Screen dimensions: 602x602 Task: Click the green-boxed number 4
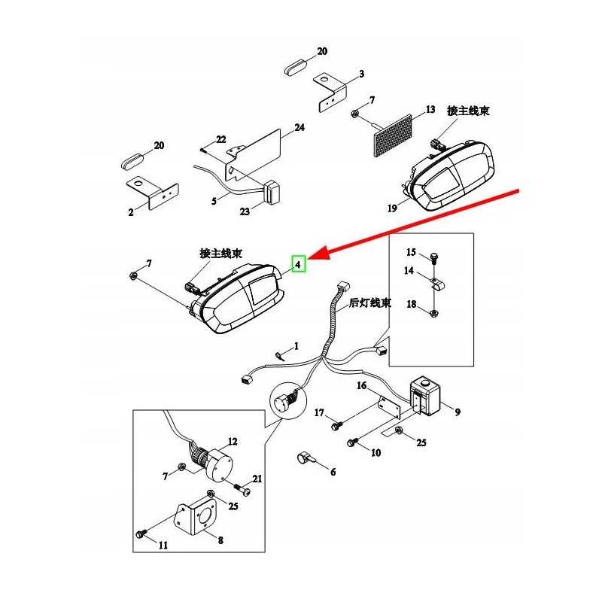299,264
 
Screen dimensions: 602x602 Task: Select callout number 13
430,109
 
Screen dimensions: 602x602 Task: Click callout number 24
299,127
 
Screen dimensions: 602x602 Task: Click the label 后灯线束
370,303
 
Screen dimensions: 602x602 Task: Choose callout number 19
392,209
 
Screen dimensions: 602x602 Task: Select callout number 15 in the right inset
412,251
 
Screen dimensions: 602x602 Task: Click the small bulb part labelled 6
306,456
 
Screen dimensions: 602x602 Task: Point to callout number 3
361,74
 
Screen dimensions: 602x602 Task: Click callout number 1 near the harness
296,345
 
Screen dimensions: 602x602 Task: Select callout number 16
361,386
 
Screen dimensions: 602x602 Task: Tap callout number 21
257,479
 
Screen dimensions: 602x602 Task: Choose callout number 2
130,213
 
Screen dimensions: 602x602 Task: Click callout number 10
376,453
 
